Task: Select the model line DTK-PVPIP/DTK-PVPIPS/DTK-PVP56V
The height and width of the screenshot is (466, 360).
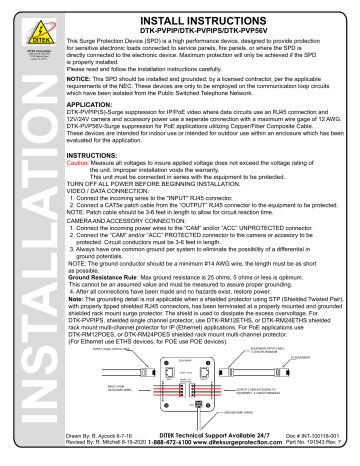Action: click(205, 30)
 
